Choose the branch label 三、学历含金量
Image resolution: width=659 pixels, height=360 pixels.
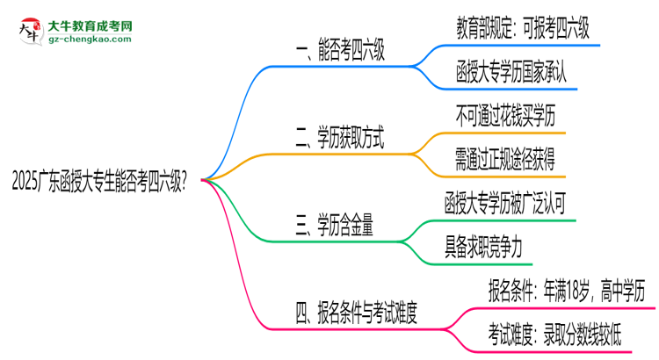tap(334, 226)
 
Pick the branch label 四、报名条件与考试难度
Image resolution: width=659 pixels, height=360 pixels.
tap(368, 312)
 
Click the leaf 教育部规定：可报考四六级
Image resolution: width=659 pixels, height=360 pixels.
tap(523, 29)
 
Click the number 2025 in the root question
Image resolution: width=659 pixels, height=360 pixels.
tap(24, 181)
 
